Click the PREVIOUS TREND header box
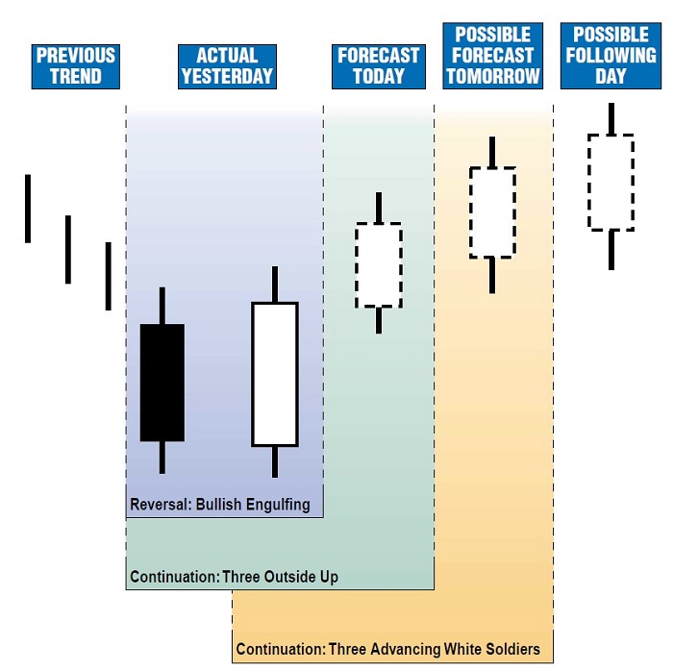(76, 66)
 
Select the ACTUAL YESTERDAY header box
(227, 66)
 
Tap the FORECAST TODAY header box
(379, 66)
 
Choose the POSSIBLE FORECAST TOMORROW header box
(493, 56)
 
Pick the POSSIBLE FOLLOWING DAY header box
(611, 56)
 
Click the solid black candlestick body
(162, 383)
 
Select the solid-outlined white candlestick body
(275, 374)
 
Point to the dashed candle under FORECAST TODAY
(379, 264)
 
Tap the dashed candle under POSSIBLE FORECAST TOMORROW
(492, 212)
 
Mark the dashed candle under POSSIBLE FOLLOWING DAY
(611, 183)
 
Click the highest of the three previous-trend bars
(28, 209)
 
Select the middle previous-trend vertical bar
(68, 250)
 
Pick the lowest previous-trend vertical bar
(109, 276)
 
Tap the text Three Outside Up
(281, 577)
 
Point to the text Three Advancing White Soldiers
(435, 649)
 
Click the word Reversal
(160, 505)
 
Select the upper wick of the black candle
(162, 306)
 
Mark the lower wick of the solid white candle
(275, 461)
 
